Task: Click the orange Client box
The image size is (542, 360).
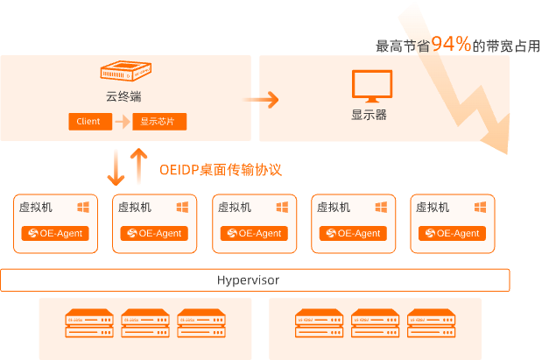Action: [x=88, y=122]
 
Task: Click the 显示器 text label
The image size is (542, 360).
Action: [x=369, y=115]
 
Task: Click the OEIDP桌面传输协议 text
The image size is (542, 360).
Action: [x=221, y=169]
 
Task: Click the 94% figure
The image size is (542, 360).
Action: [x=451, y=45]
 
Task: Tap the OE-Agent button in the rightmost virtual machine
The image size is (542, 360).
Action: [x=452, y=234]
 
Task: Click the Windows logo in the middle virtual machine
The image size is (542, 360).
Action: [x=283, y=208]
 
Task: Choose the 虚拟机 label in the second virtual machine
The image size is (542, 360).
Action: [x=134, y=208]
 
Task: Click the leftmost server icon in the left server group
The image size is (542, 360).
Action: [x=88, y=322]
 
